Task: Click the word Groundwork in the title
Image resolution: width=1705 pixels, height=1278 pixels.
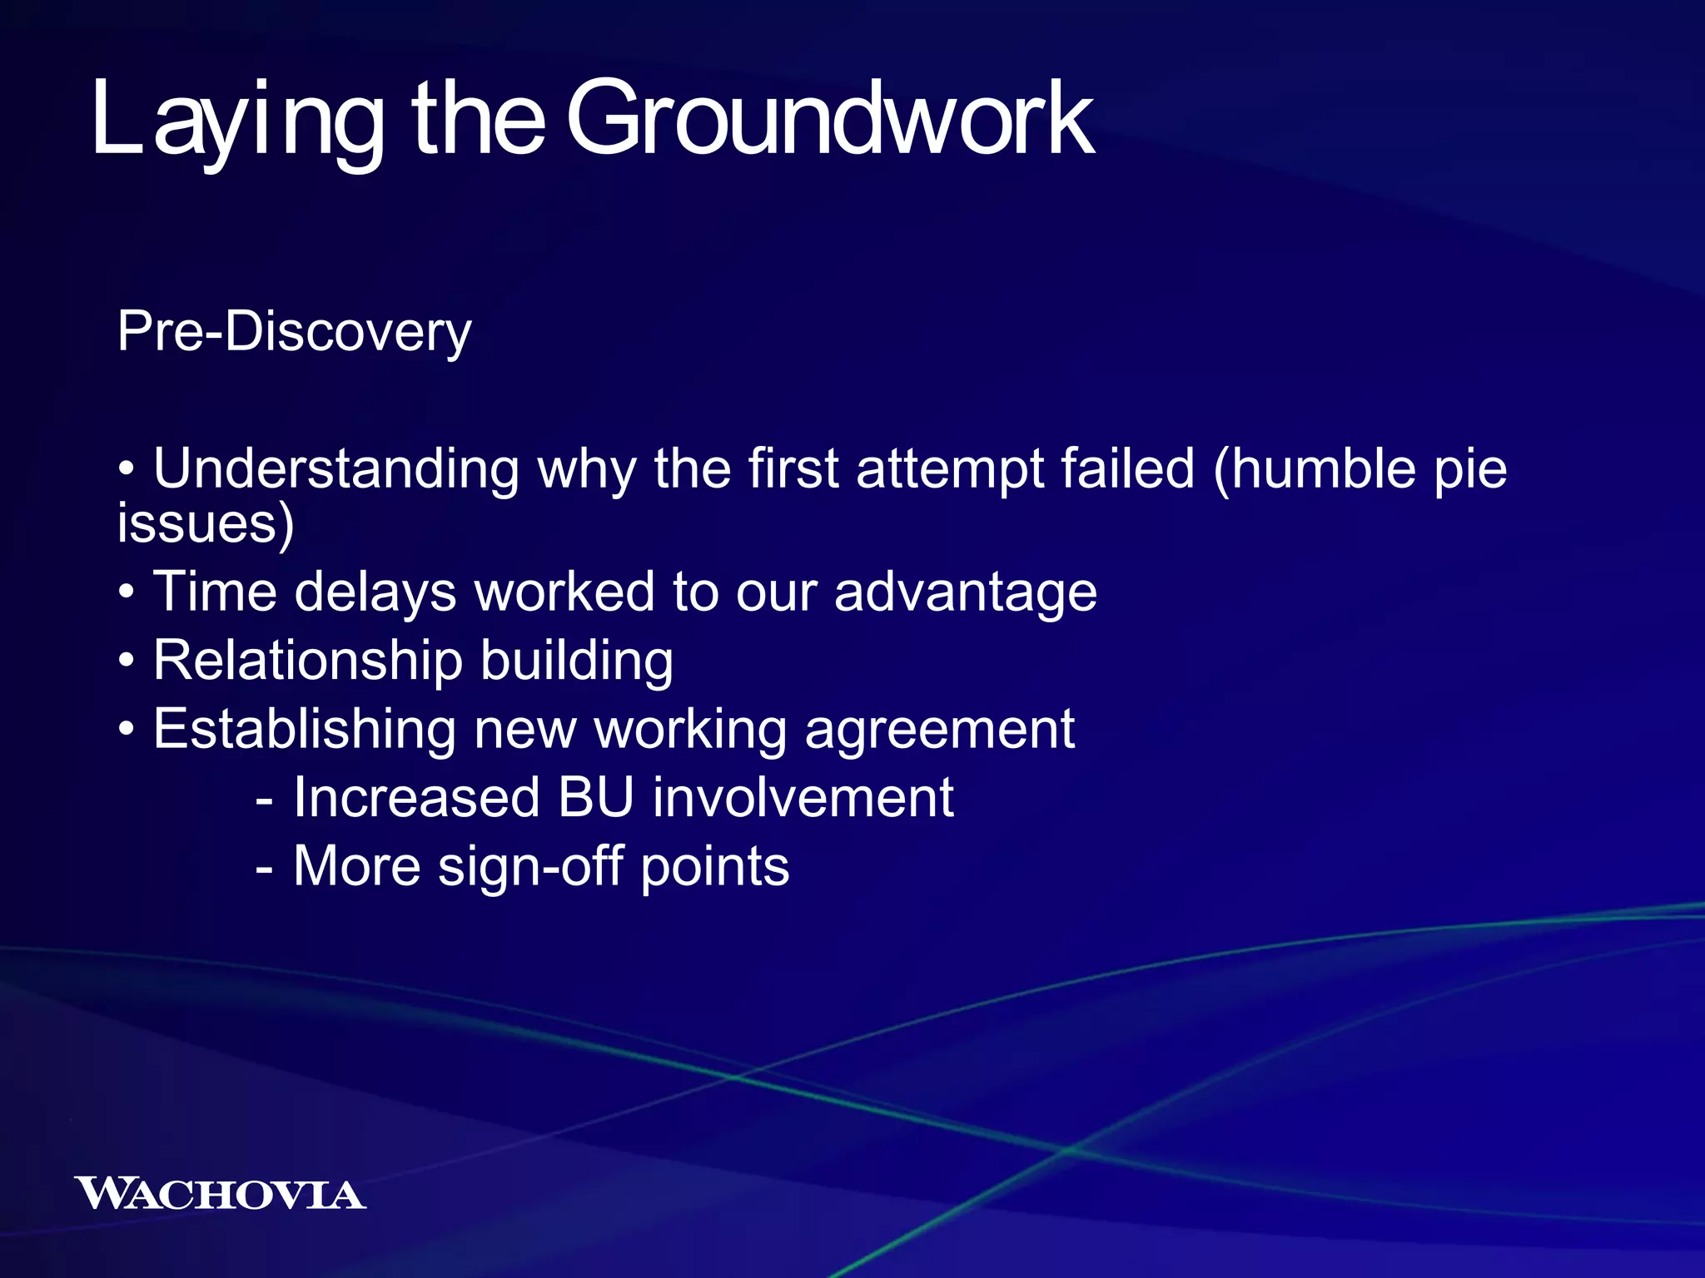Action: pyautogui.click(x=830, y=121)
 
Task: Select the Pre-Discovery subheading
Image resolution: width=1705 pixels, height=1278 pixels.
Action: pyautogui.click(x=294, y=332)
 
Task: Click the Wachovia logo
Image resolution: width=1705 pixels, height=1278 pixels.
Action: pyautogui.click(x=221, y=1194)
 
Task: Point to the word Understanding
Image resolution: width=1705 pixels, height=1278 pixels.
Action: pyautogui.click(x=336, y=470)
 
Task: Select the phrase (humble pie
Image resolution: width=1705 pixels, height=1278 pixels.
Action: pyautogui.click(x=1360, y=470)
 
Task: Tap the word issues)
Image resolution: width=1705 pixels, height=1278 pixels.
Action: pyautogui.click(x=206, y=524)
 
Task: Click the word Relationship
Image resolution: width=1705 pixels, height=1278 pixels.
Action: pyautogui.click(x=307, y=661)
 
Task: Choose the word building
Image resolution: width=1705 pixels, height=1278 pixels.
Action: pyautogui.click(x=577, y=661)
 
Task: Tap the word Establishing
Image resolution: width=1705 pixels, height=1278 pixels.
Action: pyautogui.click(x=304, y=730)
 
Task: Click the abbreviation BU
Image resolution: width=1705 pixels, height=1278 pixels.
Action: pyautogui.click(x=596, y=798)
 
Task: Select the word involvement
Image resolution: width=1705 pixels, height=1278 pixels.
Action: pyautogui.click(x=803, y=798)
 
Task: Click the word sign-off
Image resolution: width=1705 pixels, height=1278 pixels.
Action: pyautogui.click(x=530, y=867)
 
